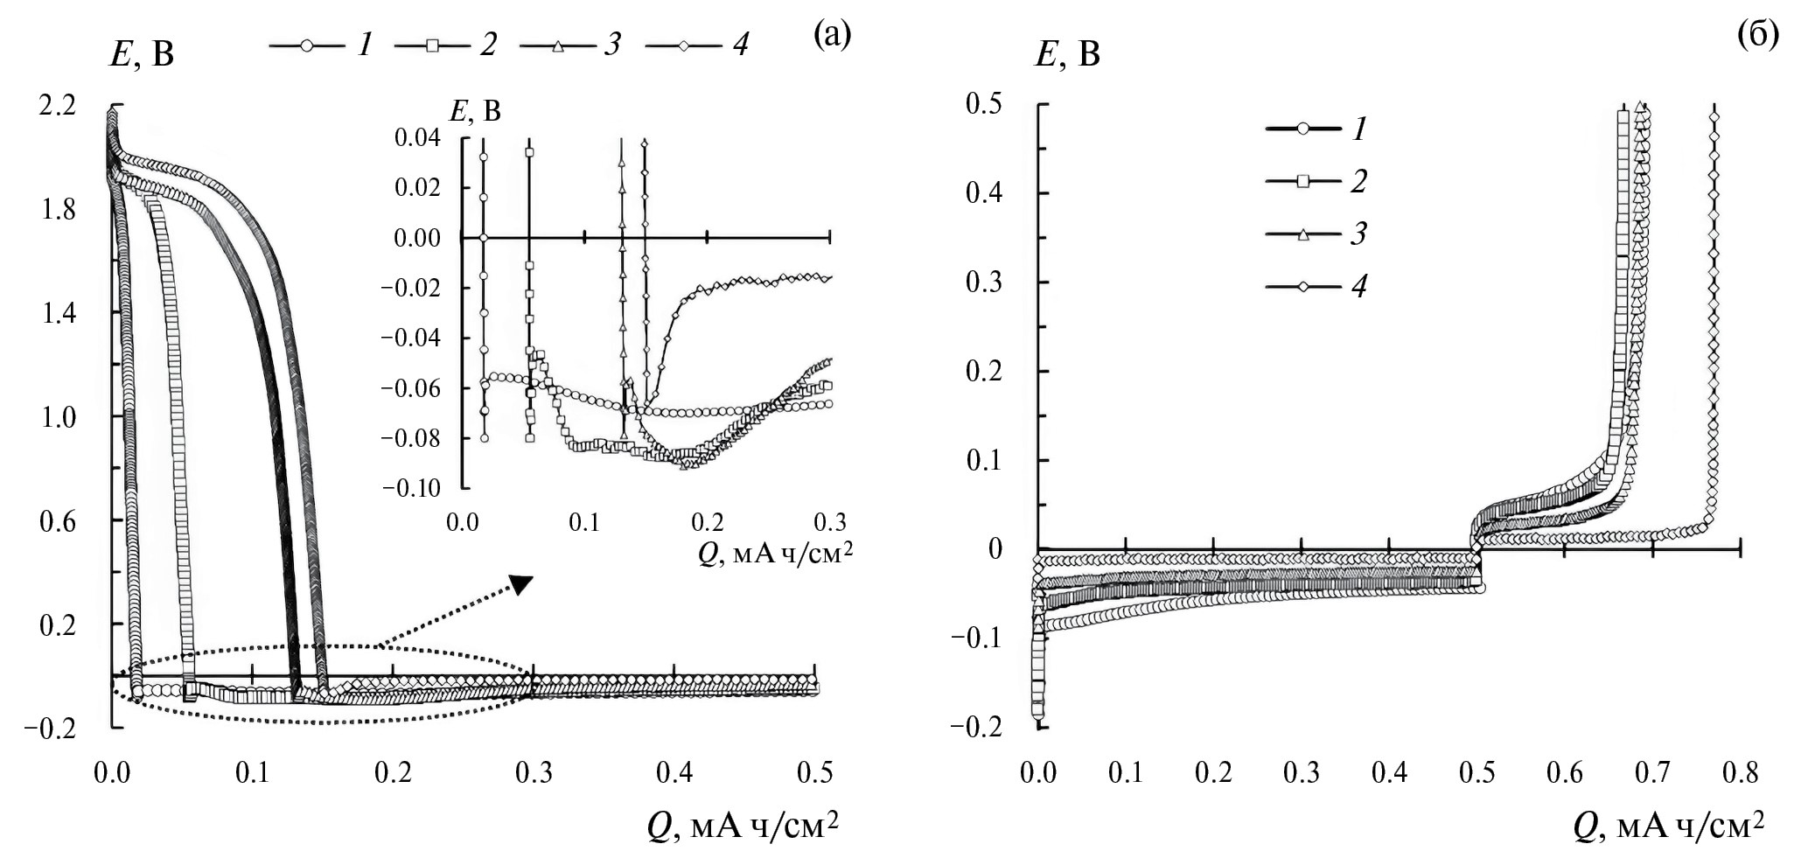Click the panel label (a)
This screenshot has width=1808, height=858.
(831, 35)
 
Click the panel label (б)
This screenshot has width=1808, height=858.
(1758, 35)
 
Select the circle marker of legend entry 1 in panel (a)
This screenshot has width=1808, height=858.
(306, 45)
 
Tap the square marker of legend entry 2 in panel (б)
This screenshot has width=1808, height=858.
(1302, 181)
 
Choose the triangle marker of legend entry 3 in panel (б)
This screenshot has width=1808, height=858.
(1302, 234)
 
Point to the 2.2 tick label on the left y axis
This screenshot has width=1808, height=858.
(57, 106)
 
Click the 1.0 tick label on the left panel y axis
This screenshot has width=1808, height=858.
(59, 417)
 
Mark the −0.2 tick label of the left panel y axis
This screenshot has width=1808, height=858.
(53, 728)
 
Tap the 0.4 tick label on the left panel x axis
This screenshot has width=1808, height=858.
(674, 773)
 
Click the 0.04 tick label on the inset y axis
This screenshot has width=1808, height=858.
(417, 137)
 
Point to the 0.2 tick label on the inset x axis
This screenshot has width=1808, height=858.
(707, 523)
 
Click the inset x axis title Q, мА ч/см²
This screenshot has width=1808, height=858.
(774, 555)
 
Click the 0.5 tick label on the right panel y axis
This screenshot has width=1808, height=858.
(983, 104)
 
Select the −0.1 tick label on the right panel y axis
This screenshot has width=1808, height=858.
(978, 637)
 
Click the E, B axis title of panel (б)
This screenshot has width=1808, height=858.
(1068, 55)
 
